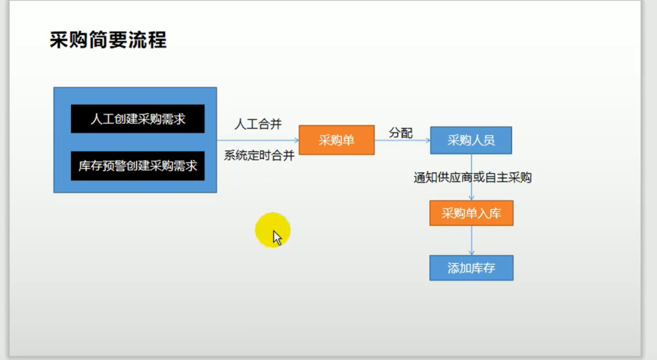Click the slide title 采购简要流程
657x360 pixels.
pyautogui.click(x=108, y=41)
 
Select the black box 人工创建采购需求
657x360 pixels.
pyautogui.click(x=138, y=119)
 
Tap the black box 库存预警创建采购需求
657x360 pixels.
pyautogui.click(x=138, y=166)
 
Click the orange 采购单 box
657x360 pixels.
pyautogui.click(x=336, y=140)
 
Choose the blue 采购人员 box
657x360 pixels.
pyautogui.click(x=471, y=141)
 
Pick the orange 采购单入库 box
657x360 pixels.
pyautogui.click(x=471, y=213)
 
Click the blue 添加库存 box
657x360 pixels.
pyautogui.click(x=471, y=268)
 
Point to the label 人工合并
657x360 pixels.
pyautogui.click(x=258, y=124)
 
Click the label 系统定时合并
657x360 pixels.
pyautogui.click(x=259, y=156)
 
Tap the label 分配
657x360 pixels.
pyautogui.click(x=400, y=133)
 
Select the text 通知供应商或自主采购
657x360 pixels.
pyautogui.click(x=472, y=178)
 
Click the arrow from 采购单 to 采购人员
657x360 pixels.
pyautogui.click(x=402, y=140)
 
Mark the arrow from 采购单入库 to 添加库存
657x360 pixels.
pyautogui.click(x=471, y=240)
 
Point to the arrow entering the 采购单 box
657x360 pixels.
pyautogui.click(x=258, y=140)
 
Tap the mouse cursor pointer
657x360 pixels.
pyautogui.click(x=277, y=238)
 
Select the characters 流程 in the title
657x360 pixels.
pyautogui.click(x=147, y=41)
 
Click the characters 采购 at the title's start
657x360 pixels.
pyautogui.click(x=68, y=41)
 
